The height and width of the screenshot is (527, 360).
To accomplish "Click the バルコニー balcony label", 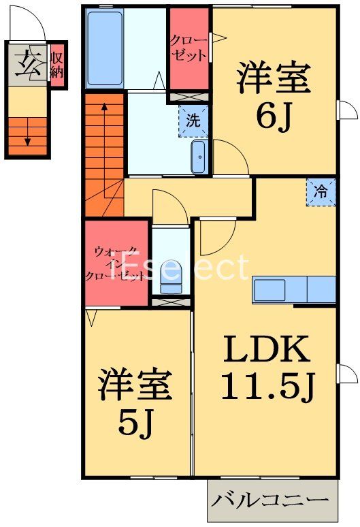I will point(272,500).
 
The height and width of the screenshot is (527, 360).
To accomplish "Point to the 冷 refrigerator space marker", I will point(321,193).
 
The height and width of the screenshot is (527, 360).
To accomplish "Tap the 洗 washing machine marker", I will point(194,122).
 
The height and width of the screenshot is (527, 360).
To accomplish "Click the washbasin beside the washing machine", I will point(199,158).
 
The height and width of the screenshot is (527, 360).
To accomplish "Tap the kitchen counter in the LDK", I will point(294,289).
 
